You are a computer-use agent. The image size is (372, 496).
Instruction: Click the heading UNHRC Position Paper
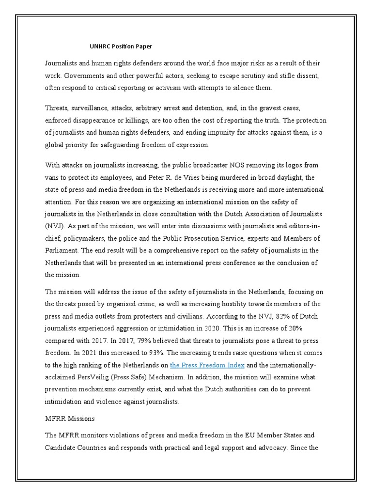(x=121, y=46)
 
